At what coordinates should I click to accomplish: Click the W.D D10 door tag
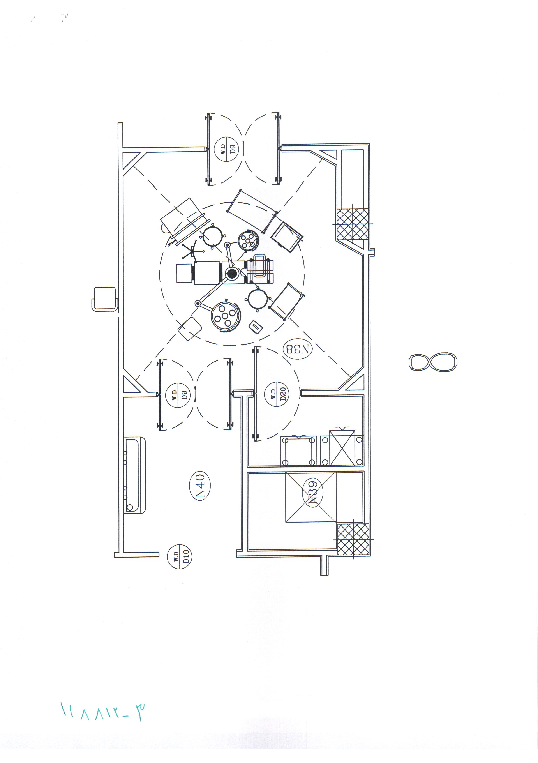180,557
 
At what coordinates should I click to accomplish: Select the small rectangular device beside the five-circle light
256,327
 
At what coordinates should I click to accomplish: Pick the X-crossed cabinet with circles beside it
342,448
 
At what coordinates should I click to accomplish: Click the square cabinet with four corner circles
298,451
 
